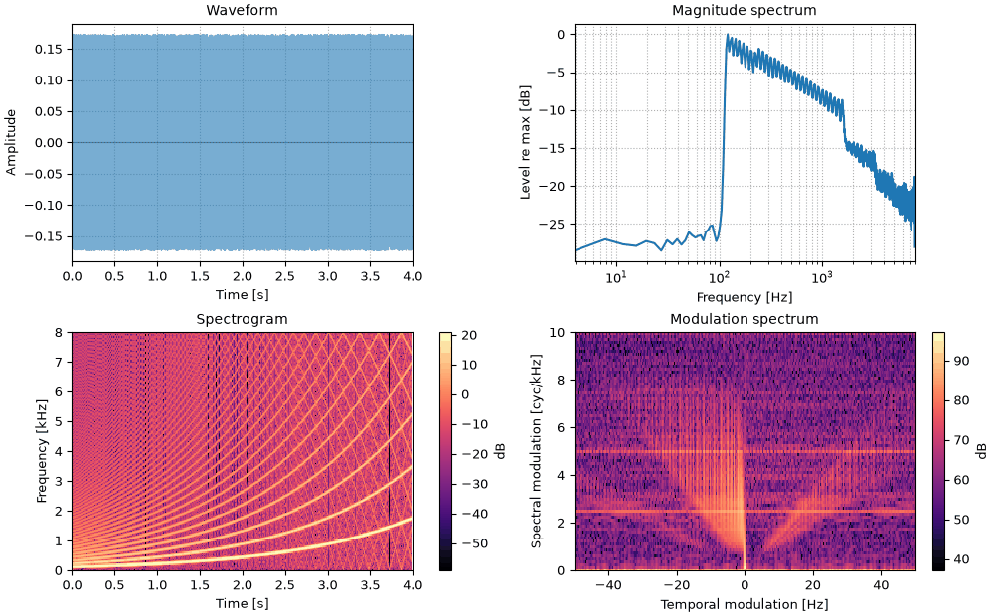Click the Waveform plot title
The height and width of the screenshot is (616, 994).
point(242,10)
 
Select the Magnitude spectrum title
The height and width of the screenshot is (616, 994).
point(745,10)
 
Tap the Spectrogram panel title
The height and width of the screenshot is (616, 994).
point(242,319)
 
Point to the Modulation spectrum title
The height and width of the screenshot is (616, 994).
point(745,319)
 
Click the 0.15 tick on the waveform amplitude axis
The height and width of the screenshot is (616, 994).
point(49,50)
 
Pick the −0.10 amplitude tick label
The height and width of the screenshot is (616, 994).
point(44,206)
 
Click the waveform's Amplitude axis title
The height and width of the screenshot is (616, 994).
point(11,142)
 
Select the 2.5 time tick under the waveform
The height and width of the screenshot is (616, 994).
point(284,276)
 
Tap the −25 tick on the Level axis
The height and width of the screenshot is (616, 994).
point(552,225)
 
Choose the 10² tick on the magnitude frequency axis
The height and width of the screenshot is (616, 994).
point(719,276)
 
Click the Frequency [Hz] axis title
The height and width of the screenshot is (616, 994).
point(745,297)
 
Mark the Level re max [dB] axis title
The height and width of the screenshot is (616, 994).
point(525,142)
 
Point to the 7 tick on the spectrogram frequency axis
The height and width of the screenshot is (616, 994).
point(59,363)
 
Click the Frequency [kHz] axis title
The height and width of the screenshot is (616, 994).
point(42,451)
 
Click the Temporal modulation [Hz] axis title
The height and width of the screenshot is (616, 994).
point(745,605)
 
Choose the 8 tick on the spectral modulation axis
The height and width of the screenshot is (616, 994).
point(561,381)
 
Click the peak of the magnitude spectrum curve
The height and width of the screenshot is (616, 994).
point(728,35)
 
